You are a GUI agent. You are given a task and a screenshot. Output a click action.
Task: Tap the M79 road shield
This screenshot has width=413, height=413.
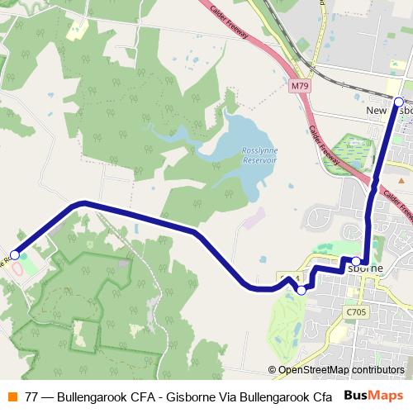(x=300, y=85)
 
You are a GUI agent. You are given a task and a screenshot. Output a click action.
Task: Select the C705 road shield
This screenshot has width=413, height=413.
(x=356, y=312)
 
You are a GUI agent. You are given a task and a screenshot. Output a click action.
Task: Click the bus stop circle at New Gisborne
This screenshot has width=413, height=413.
(x=398, y=102)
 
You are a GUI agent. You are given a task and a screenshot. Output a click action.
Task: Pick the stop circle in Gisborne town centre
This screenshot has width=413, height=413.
(x=356, y=261)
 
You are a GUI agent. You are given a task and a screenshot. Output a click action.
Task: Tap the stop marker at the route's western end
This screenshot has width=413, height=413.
(x=14, y=255)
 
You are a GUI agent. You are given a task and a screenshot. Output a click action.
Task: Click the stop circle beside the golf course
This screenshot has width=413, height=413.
(x=301, y=290)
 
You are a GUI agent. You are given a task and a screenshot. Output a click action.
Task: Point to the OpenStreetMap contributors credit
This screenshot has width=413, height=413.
(x=340, y=370)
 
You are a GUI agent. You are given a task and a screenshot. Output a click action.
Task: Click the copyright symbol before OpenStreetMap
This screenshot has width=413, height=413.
(x=272, y=370)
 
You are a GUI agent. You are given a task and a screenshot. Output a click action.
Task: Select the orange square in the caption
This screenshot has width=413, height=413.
(x=12, y=396)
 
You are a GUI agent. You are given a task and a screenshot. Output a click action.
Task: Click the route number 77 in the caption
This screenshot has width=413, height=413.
(x=31, y=396)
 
